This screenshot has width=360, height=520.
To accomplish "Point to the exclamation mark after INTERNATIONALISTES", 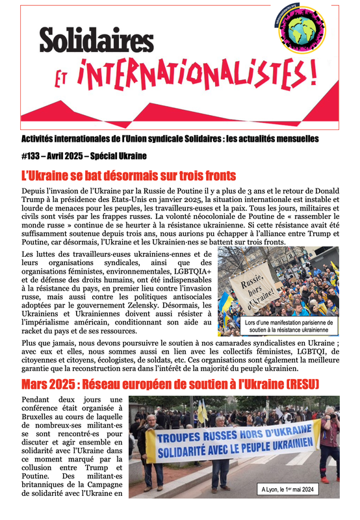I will pyautogui.click(x=313, y=73).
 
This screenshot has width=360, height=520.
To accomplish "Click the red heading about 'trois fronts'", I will pyautogui.click(x=128, y=175).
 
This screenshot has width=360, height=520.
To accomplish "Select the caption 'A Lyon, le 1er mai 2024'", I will pyautogui.click(x=298, y=489).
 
